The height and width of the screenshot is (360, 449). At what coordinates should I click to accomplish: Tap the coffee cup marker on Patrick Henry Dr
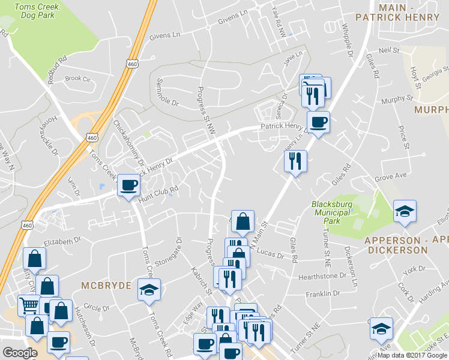pyautogui.click(x=318, y=122)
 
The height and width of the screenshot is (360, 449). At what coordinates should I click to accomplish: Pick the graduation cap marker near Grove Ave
pyautogui.click(x=405, y=211)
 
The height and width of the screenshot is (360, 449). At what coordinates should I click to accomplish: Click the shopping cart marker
pyautogui.click(x=28, y=306)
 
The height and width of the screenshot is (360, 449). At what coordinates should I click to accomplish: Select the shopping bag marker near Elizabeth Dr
pyautogui.click(x=35, y=259)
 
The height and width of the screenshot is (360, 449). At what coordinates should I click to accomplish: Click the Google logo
pyautogui.click(x=20, y=353)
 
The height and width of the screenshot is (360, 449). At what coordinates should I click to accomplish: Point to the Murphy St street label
pyautogui.click(x=397, y=98)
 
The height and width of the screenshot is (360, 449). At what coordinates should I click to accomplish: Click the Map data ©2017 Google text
pyautogui.click(x=411, y=355)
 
